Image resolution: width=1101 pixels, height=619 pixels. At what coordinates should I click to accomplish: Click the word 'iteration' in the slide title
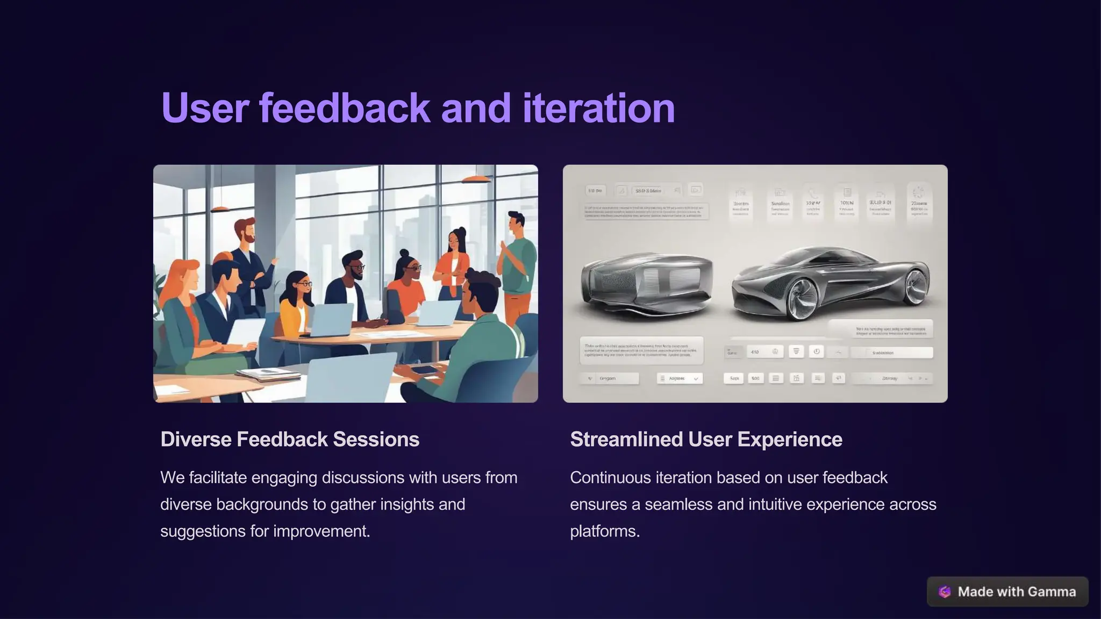tap(598, 108)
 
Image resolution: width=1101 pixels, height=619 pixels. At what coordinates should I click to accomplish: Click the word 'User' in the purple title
tap(205, 108)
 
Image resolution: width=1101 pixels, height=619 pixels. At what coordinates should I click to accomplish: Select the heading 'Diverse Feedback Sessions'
tap(290, 440)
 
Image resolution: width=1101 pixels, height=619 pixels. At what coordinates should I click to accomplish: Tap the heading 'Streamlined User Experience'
tap(706, 440)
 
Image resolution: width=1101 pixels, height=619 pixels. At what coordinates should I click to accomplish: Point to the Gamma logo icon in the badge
tap(945, 592)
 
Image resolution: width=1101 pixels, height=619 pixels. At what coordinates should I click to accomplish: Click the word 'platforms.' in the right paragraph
tap(605, 531)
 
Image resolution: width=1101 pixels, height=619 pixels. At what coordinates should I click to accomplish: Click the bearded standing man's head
tap(246, 230)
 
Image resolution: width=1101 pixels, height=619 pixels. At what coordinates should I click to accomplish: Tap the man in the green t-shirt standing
tap(518, 258)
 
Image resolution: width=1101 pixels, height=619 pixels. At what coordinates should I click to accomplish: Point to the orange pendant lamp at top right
tap(476, 179)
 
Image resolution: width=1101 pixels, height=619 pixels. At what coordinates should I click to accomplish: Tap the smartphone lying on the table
tap(424, 370)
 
